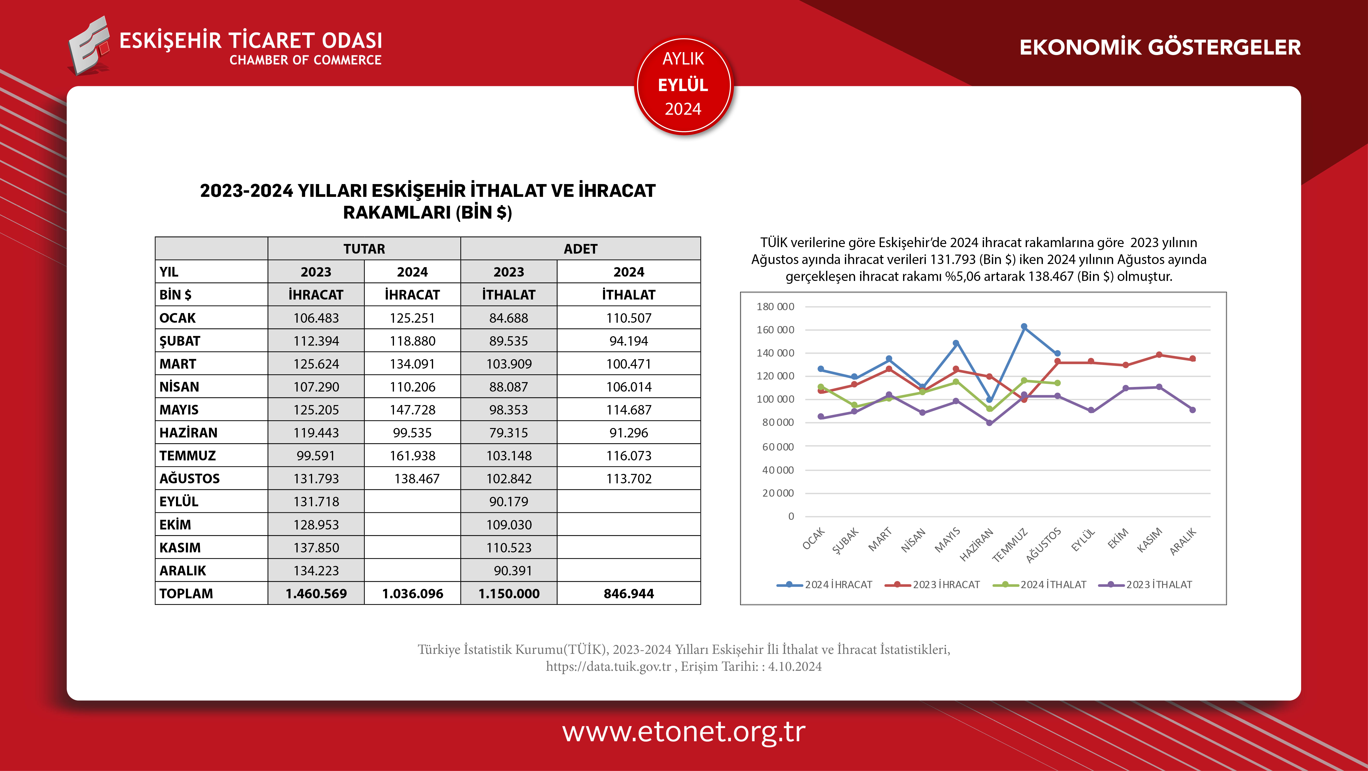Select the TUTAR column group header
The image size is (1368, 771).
point(364,249)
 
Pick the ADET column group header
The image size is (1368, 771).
point(581,249)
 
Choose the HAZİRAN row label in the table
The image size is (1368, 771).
point(189,433)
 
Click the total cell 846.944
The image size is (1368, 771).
point(629,593)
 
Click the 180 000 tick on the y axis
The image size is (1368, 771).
point(775,307)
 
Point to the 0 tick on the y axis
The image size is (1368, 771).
point(791,516)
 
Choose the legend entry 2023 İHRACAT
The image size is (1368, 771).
point(932,585)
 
